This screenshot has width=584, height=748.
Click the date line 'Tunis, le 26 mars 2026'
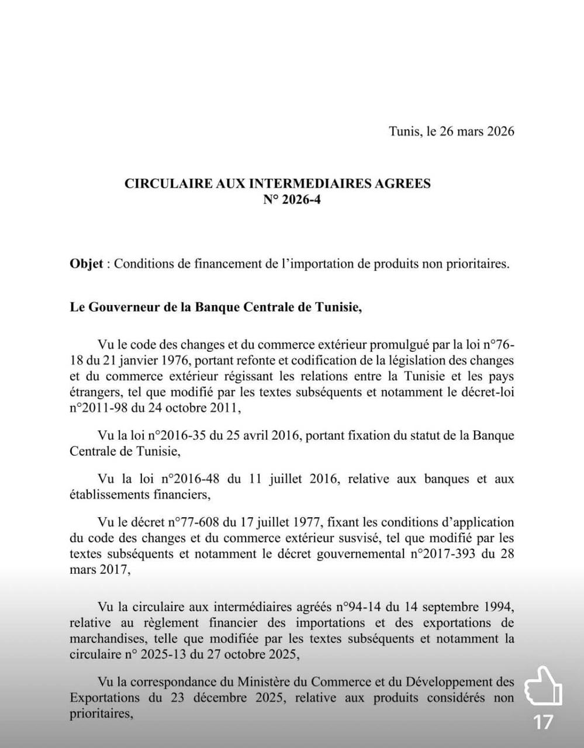tap(451, 131)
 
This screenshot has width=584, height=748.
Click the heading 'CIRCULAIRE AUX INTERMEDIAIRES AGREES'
tap(278, 183)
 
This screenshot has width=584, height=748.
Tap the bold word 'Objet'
tap(87, 264)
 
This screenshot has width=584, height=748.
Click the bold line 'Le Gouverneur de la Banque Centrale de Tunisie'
tap(216, 307)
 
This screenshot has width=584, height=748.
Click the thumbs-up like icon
tap(543, 686)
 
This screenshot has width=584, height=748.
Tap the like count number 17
tap(543, 723)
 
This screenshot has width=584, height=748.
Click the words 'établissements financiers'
tap(139, 495)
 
